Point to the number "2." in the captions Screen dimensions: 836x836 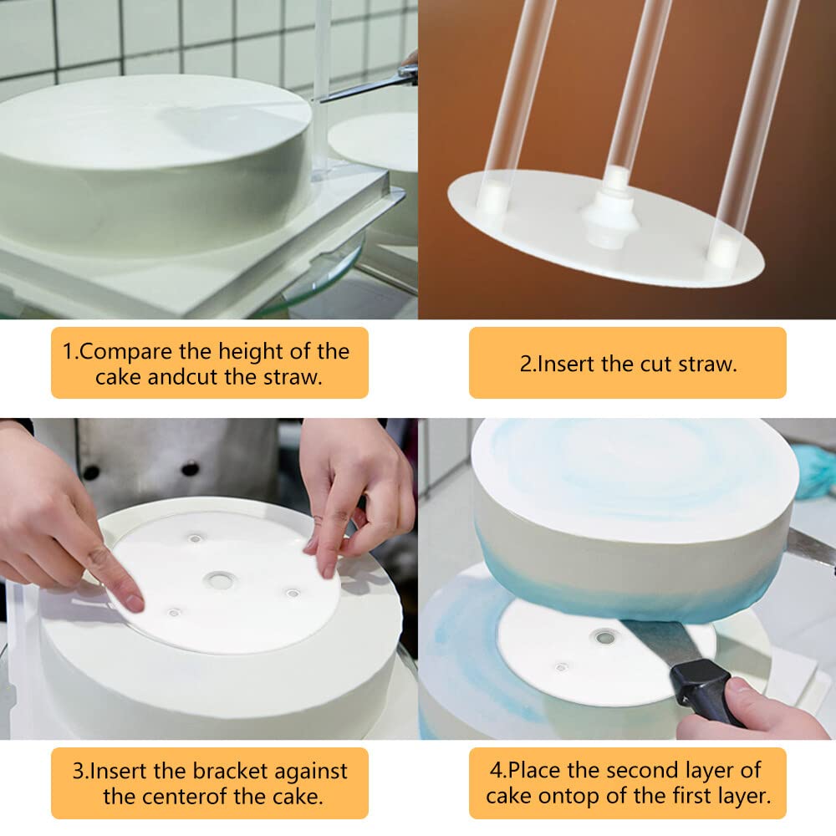(529, 364)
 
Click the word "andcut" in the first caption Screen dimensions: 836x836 (183, 377)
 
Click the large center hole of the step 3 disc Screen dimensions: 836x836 (220, 579)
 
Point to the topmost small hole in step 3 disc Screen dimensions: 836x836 (195, 538)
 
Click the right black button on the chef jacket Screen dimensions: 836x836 (190, 468)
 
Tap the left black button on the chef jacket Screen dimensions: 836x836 (89, 472)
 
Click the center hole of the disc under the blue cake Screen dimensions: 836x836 (604, 638)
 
